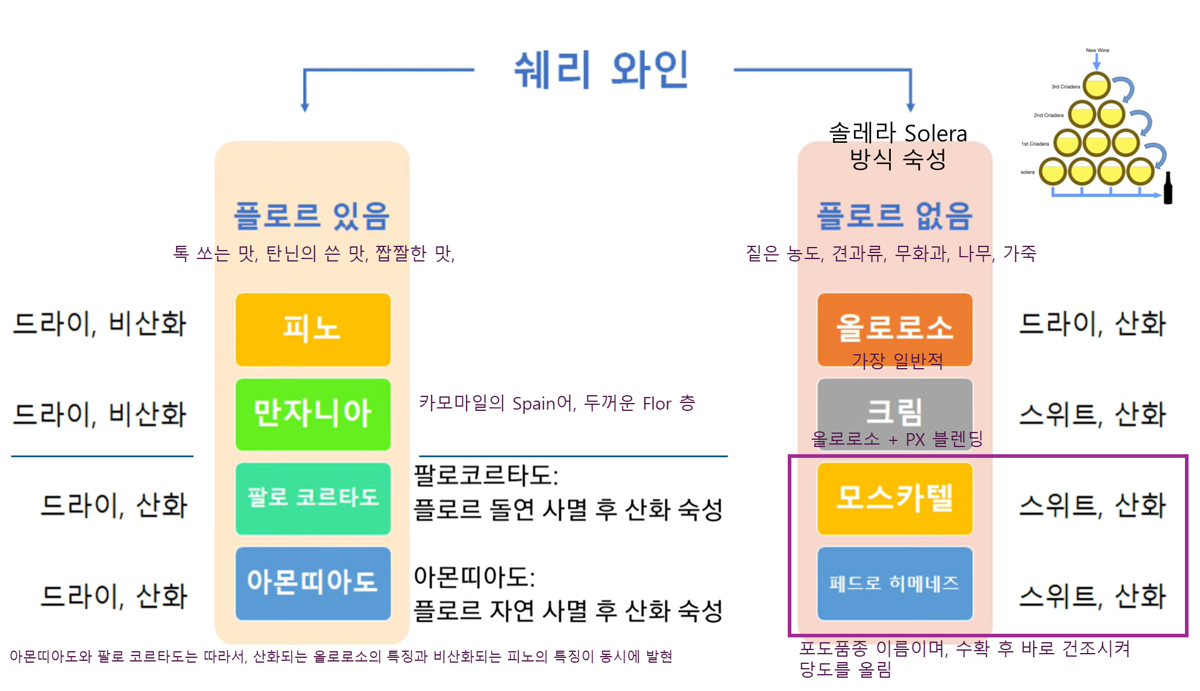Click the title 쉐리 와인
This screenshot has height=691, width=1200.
coord(600,70)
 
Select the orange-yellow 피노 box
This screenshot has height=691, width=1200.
coord(313,330)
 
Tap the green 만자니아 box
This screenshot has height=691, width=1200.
coord(313,414)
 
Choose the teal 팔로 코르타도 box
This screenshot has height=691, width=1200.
coord(313,498)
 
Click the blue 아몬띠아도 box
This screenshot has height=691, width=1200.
coord(313,583)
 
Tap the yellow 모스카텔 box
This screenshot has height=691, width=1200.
coord(894,498)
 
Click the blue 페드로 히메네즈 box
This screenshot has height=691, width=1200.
coord(894,583)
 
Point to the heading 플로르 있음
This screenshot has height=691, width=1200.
coord(312,216)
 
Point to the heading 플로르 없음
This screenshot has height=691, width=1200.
coord(894,216)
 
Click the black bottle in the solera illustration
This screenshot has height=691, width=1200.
coord(1167,188)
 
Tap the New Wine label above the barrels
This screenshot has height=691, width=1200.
coord(1098,51)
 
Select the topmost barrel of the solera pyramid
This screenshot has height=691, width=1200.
coord(1096,86)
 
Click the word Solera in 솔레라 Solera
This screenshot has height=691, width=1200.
coord(935,133)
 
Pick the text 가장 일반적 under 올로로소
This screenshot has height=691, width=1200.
coord(897,361)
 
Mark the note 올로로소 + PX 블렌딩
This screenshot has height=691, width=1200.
coord(897,439)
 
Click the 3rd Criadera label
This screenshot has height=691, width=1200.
coord(1066,87)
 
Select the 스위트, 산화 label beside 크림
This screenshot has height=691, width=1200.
coord(1092,414)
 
